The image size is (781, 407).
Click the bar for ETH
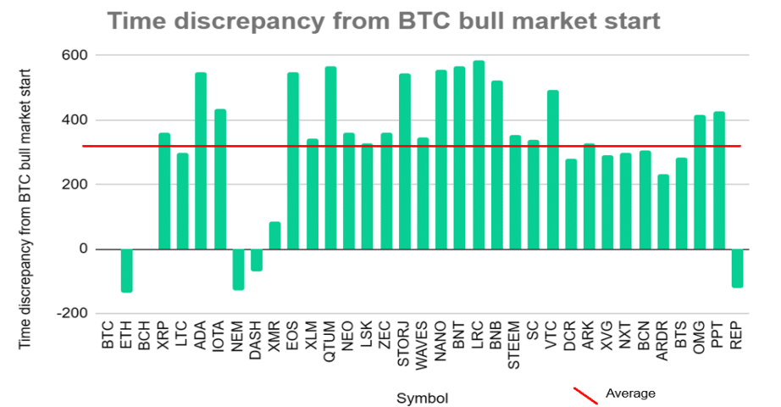(127, 270)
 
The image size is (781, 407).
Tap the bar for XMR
(275, 236)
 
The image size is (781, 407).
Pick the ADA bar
(201, 161)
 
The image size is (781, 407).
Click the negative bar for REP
(737, 268)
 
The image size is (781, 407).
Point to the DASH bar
(257, 259)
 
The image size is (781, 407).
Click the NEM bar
(238, 269)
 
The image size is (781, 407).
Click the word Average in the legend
(630, 393)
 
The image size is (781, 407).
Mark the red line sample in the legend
(586, 395)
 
